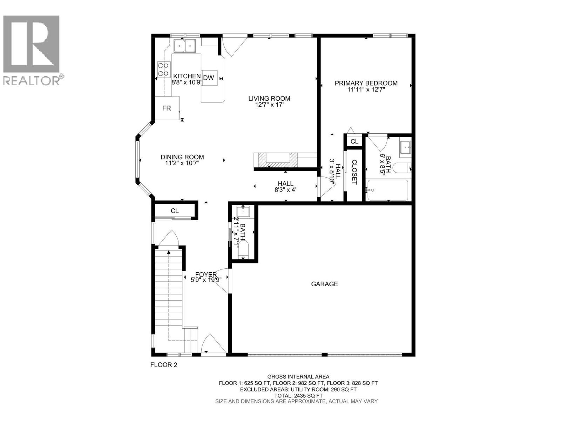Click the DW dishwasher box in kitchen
point(209,78)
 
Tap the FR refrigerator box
point(167,108)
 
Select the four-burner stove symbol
point(163,69)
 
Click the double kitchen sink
point(185,46)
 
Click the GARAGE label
point(324,284)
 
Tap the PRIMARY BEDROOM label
point(366,83)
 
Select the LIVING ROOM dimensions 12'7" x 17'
point(269,105)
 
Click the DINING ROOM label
point(182,157)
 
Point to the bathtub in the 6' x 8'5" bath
point(387,190)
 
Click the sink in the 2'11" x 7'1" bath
point(243,212)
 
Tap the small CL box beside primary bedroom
point(354,141)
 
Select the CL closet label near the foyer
point(175,211)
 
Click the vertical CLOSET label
point(354,172)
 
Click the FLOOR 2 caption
point(164,365)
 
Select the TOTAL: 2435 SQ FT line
point(298,395)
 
